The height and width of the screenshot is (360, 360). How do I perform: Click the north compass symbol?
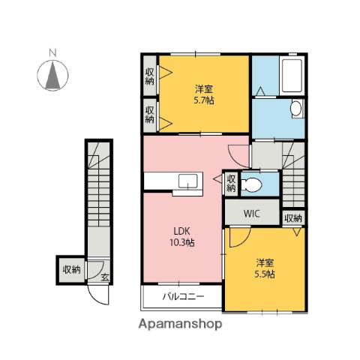pyautogui.click(x=52, y=75)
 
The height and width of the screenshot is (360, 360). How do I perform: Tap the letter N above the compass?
pyautogui.click(x=52, y=53)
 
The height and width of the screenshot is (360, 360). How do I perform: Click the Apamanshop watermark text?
pyautogui.click(x=180, y=324)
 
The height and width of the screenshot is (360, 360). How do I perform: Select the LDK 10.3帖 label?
pyautogui.click(x=182, y=237)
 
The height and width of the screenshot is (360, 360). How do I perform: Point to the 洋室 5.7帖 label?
pyautogui.click(x=204, y=94)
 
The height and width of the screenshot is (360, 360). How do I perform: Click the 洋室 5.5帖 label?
pyautogui.click(x=265, y=268)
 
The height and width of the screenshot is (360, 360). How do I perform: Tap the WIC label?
pyautogui.click(x=252, y=214)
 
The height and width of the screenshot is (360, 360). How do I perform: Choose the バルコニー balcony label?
pyautogui.click(x=184, y=297)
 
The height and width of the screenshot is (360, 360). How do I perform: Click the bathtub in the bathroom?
pyautogui.click(x=292, y=76)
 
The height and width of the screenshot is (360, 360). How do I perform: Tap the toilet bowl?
pyautogui.click(x=251, y=185)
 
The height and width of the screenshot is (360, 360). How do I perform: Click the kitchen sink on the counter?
pyautogui.click(x=187, y=181)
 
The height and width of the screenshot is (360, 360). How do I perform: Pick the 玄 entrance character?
pyautogui.click(x=105, y=277)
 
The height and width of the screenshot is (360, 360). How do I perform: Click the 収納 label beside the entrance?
pyautogui.click(x=72, y=269)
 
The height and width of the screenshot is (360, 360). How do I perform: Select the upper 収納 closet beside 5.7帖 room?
pyautogui.click(x=150, y=76)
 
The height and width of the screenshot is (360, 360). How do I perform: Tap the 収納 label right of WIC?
pyautogui.click(x=293, y=218)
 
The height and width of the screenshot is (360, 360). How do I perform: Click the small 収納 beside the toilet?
pyautogui.click(x=231, y=183)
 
